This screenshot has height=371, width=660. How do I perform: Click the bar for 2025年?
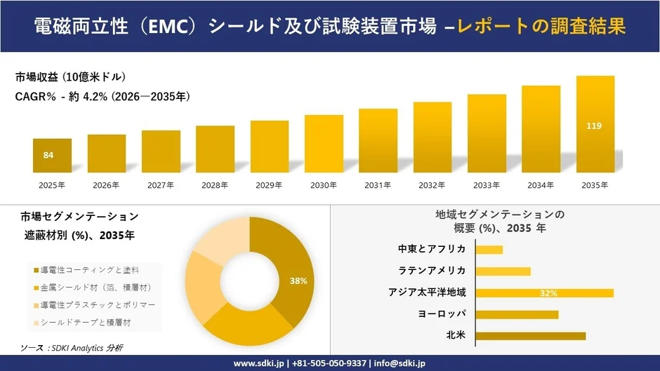point(52,156)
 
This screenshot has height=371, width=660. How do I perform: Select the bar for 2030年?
point(324,144)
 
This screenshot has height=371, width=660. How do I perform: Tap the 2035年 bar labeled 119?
point(595,125)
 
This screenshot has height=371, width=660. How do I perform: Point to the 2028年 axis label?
point(215,186)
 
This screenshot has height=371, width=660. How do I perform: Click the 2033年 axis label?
point(487,186)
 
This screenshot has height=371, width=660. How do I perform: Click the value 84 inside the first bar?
point(48,155)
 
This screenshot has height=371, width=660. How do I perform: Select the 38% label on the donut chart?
point(298,281)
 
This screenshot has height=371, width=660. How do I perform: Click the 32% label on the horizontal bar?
point(549,293)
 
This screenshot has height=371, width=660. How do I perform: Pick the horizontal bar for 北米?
point(530,336)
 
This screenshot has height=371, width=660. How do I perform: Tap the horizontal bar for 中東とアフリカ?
point(489,250)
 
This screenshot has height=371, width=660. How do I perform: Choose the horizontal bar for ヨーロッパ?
point(517,314)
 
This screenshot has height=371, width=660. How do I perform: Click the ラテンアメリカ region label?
point(432,271)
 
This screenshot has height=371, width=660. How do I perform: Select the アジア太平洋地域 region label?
point(427,292)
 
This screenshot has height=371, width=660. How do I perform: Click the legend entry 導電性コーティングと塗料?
point(88,269)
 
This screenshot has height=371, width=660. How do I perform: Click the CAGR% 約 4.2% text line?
point(103,97)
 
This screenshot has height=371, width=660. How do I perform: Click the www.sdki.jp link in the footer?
point(258,363)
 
